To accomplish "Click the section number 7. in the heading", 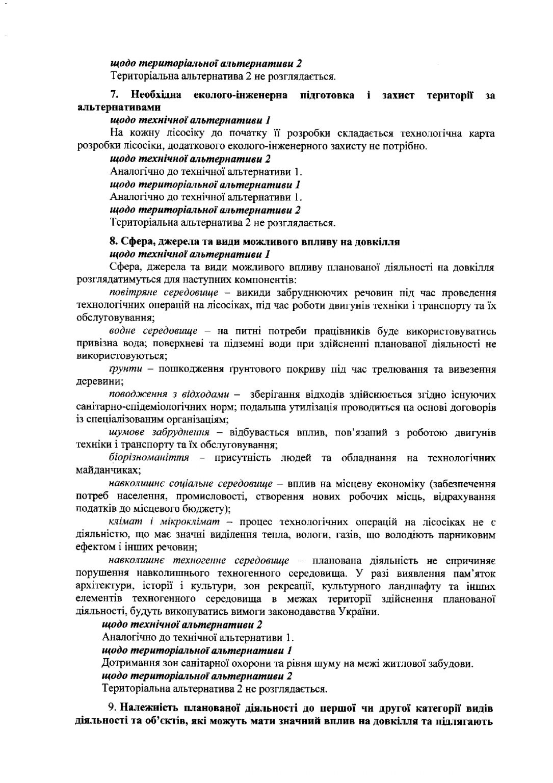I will (x=115, y=95).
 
